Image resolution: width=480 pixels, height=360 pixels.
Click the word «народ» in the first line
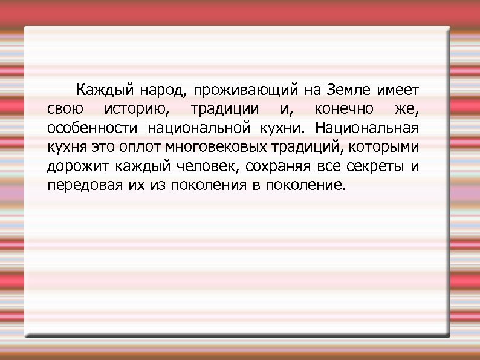[x=163, y=91]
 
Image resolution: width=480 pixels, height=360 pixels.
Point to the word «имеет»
[x=398, y=91]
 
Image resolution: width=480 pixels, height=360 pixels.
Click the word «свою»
[x=63, y=110]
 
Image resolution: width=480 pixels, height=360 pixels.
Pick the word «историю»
[x=135, y=110]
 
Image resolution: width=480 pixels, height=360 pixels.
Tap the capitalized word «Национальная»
[x=366, y=128]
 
